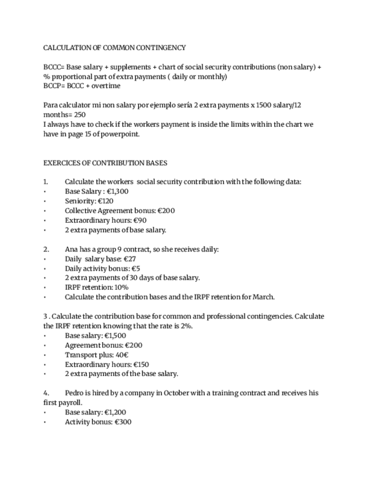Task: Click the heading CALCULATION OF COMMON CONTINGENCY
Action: pyautogui.click(x=114, y=48)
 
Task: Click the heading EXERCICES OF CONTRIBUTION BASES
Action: pyautogui.click(x=105, y=163)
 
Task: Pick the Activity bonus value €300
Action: pyautogui.click(x=122, y=421)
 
